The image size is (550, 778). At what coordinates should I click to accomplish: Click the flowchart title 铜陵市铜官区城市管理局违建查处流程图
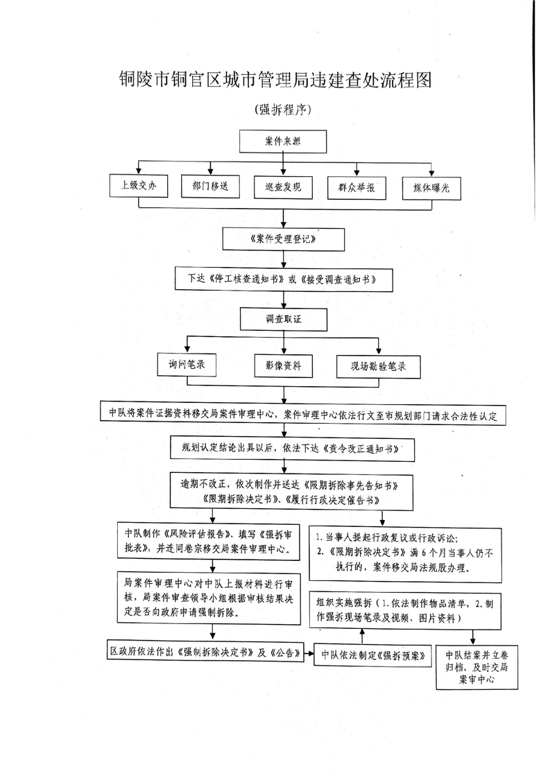pos(275,81)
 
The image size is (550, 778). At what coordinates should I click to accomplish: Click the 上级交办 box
pos(139,187)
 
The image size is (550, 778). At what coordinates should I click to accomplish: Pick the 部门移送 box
pos(209,187)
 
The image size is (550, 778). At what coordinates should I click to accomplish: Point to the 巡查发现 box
pos(282,188)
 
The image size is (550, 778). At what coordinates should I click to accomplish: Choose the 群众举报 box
pos(356,188)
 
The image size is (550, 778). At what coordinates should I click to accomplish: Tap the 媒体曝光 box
pos(431,188)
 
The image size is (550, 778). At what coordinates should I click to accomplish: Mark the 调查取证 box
pos(284,319)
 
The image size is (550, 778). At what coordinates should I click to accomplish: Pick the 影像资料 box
pos(282,365)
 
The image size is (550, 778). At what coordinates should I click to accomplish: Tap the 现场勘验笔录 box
pos(378,365)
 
